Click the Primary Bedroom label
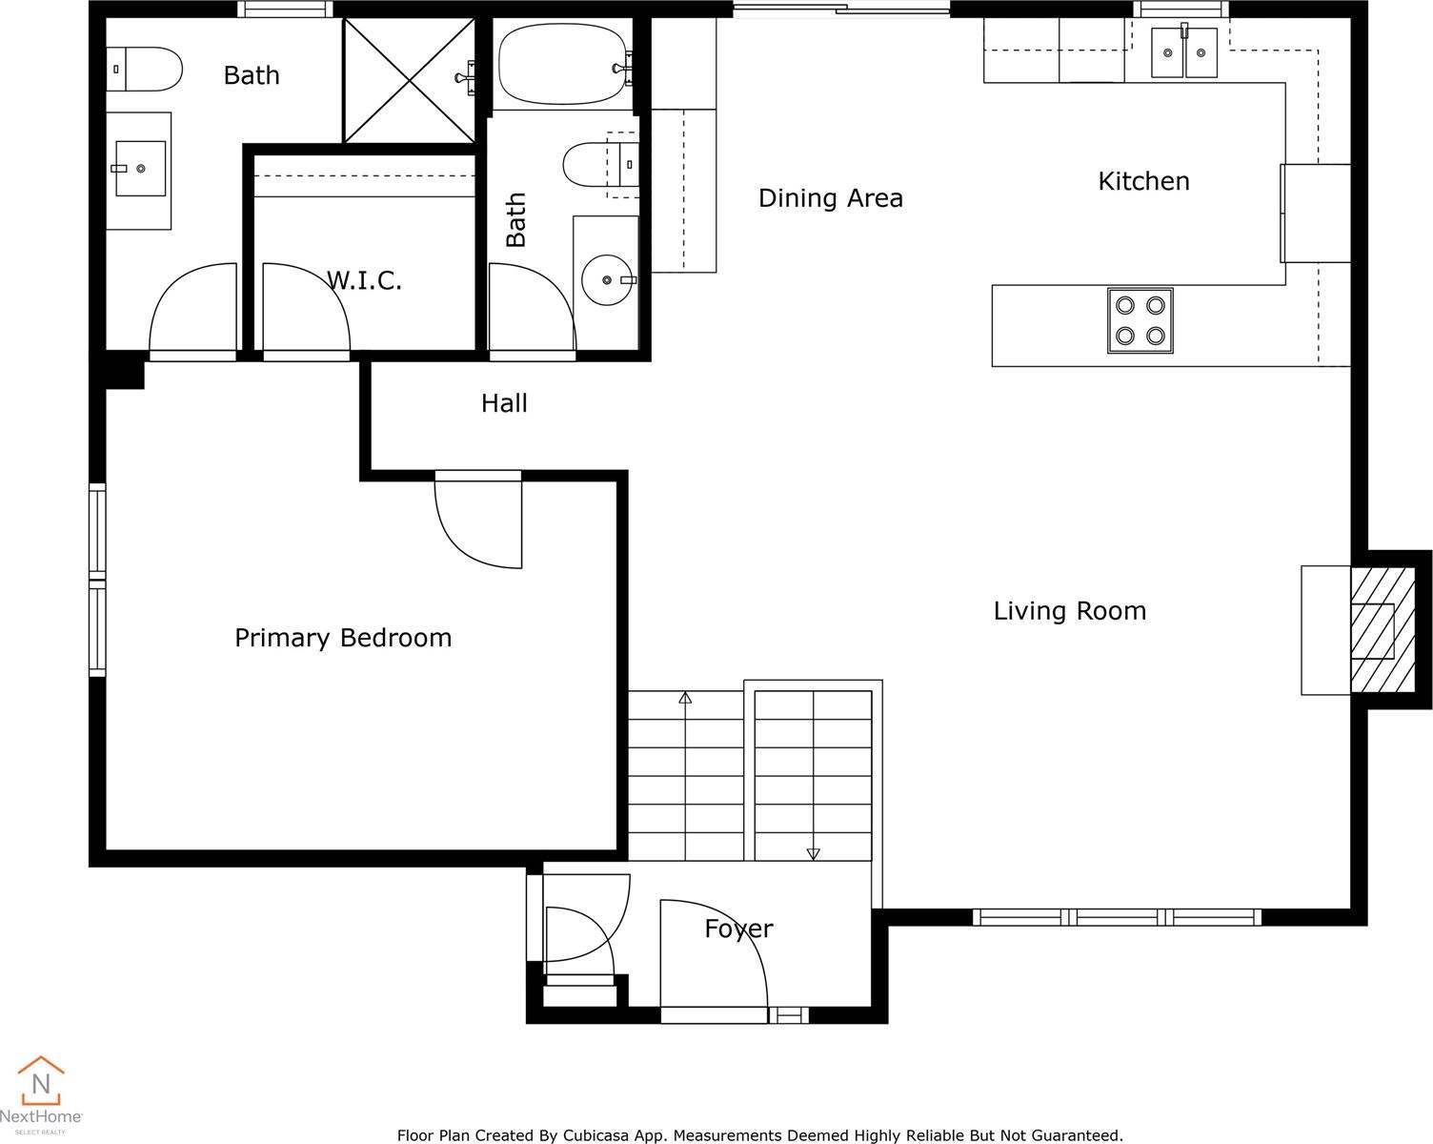[x=343, y=638]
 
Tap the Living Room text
[x=1069, y=611]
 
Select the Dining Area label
[x=830, y=198]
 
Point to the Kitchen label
[x=1143, y=181]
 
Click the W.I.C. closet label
[x=364, y=280]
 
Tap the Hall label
[x=504, y=403]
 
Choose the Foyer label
[x=738, y=929]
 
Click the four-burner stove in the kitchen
[x=1140, y=320]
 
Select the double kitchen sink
[x=1183, y=51]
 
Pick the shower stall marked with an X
[x=408, y=80]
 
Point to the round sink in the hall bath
[x=608, y=280]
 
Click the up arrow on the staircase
[x=684, y=698]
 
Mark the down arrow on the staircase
[x=813, y=853]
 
